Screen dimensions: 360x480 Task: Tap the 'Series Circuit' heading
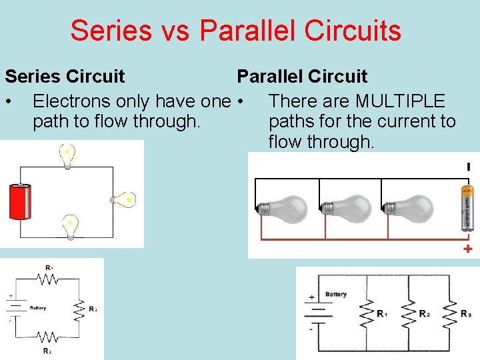[65, 77]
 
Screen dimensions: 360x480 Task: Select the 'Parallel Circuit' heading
[302, 77]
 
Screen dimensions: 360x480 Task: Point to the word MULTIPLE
[400, 101]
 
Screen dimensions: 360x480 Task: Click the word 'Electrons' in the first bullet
[71, 101]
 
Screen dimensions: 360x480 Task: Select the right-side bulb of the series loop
[124, 199]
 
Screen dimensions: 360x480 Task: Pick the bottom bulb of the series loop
[69, 226]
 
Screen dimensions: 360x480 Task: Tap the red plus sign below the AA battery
[468, 249]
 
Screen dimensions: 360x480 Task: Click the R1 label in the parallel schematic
[381, 313]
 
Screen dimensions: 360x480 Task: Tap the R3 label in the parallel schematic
[466, 313]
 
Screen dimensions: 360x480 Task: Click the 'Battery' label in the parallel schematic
[336, 294]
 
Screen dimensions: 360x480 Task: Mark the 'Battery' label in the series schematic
[37, 308]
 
